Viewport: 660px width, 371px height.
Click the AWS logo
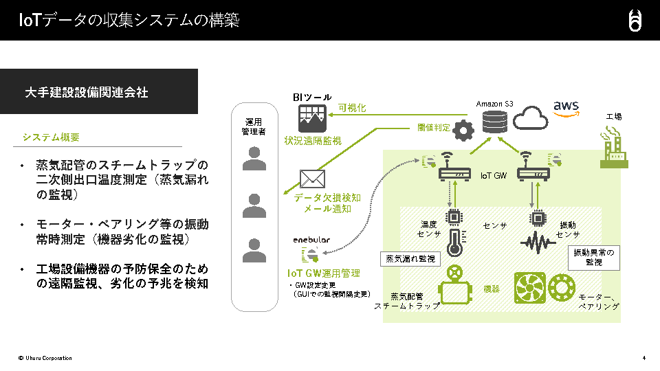(566, 109)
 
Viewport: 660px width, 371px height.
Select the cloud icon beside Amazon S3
(529, 118)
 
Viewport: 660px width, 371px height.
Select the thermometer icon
(454, 242)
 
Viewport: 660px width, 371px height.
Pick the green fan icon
(530, 288)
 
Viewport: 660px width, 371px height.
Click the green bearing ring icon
(562, 288)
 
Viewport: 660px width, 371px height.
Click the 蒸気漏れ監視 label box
(410, 259)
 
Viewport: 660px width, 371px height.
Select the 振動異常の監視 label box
(594, 258)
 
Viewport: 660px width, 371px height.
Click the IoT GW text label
(494, 176)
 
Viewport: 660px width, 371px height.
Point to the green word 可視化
(352, 108)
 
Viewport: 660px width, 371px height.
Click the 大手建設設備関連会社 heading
(86, 91)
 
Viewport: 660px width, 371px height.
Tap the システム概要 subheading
(51, 137)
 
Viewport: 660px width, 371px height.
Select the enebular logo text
(311, 240)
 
